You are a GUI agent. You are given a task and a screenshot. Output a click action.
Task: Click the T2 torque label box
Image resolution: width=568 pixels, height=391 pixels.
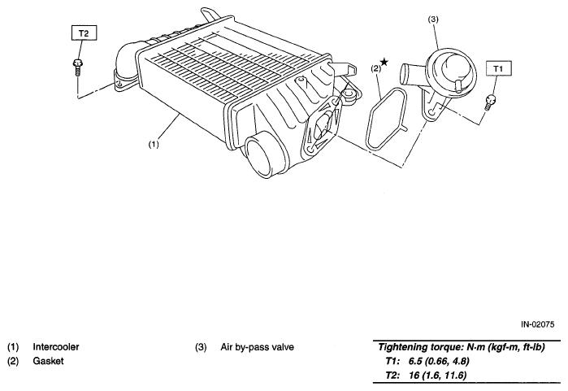pyautogui.click(x=84, y=33)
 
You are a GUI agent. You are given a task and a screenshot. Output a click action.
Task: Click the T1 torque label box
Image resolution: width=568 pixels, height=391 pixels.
pyautogui.click(x=498, y=68)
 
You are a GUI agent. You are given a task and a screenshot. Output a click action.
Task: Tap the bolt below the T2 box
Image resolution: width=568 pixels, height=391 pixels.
pyautogui.click(x=77, y=67)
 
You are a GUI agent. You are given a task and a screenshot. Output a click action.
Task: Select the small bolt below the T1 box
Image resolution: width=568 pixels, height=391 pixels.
pyautogui.click(x=490, y=102)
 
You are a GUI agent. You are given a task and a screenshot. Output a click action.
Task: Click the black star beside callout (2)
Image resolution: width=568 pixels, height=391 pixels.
pyautogui.click(x=384, y=62)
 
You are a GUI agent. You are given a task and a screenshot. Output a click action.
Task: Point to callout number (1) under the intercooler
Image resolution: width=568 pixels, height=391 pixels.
pyautogui.click(x=154, y=144)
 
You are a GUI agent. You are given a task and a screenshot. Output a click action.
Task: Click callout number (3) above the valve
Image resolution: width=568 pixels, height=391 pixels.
pyautogui.click(x=433, y=20)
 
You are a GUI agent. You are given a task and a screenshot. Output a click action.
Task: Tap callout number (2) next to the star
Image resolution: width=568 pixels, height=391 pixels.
pyautogui.click(x=376, y=68)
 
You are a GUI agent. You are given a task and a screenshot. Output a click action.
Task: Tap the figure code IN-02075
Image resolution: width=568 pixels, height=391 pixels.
pyautogui.click(x=538, y=324)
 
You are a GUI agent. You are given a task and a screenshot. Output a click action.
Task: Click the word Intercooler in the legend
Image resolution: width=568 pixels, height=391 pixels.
pyautogui.click(x=56, y=347)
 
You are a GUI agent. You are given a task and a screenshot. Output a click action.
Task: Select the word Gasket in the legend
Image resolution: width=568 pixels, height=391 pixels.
pyautogui.click(x=48, y=361)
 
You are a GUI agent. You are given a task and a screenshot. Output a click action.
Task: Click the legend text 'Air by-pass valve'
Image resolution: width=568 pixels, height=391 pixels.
pyautogui.click(x=258, y=347)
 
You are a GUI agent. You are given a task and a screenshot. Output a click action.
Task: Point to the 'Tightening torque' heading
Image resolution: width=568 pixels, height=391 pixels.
pyautogui.click(x=420, y=347)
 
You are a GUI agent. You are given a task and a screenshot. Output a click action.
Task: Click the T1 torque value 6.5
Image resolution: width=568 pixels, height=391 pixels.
pyautogui.click(x=415, y=361)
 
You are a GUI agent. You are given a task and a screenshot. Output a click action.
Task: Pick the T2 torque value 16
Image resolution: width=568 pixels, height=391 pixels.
pyautogui.click(x=414, y=375)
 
